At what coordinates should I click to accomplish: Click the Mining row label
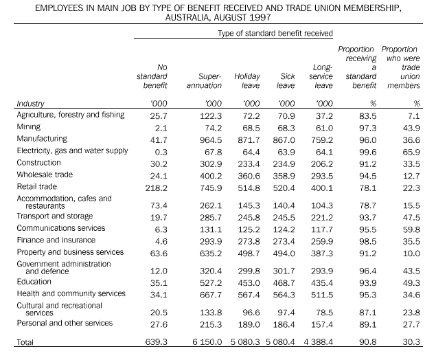click(29, 127)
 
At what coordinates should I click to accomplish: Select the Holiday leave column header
click(248, 81)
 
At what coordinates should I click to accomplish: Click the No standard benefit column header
click(152, 76)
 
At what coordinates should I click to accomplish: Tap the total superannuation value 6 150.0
click(205, 341)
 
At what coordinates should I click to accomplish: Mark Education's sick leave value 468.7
click(288, 281)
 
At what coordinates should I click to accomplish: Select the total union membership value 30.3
click(412, 341)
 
